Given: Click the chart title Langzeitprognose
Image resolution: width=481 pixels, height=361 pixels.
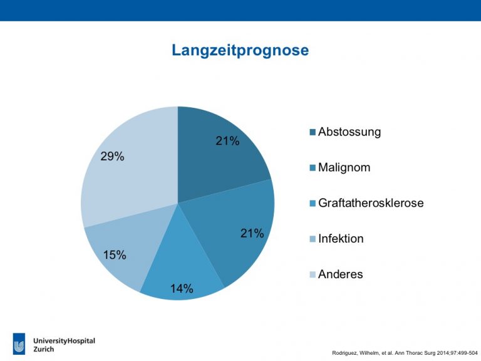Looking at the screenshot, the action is [240, 50].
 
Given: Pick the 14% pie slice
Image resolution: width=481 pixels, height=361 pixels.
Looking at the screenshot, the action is [181, 270].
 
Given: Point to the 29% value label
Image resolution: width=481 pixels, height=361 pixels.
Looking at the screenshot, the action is [112, 157].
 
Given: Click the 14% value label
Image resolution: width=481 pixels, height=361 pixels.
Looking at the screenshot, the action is [182, 288].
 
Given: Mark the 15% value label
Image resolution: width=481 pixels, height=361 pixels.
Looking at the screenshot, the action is [115, 255].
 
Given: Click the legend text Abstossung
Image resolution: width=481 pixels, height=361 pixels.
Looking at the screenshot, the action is [349, 132].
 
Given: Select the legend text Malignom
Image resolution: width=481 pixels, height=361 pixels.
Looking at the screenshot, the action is [344, 167].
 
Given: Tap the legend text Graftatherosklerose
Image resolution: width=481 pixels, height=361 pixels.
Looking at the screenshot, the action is [371, 203].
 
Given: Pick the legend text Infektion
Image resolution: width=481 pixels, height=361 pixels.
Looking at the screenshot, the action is [341, 239].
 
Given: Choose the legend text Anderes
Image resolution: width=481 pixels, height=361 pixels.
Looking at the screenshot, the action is [341, 274].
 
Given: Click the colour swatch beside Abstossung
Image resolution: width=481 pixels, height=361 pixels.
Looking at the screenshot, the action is [313, 132].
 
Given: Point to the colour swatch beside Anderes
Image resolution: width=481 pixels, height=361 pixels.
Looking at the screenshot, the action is [313, 275].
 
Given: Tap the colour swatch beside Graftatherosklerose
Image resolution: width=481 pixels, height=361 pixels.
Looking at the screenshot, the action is [313, 204].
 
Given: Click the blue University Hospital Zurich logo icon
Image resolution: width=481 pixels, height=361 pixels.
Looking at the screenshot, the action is [19, 344].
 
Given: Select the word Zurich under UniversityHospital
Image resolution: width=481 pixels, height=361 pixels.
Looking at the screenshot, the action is [44, 349].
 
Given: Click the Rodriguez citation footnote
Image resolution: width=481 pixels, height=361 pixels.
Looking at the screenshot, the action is [405, 353].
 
